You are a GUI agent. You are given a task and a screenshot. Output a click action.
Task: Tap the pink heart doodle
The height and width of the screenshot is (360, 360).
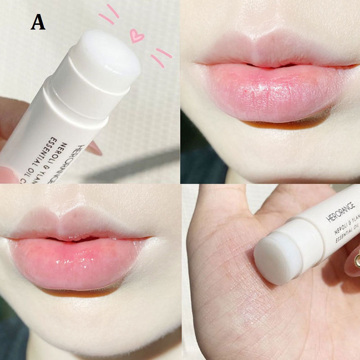(x=137, y=36)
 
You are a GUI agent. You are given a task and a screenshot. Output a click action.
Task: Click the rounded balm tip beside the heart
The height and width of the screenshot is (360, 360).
(x=108, y=58)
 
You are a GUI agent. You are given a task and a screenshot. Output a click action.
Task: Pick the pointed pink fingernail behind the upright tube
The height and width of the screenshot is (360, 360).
(x=94, y=148)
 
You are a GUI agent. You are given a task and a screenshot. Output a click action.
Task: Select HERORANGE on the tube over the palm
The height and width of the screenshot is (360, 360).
(x=341, y=212)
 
